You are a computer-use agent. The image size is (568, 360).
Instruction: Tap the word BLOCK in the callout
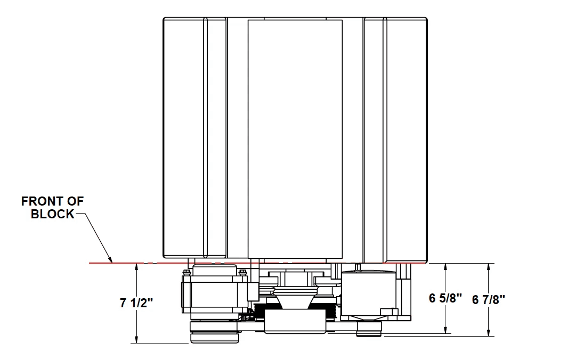[53, 214]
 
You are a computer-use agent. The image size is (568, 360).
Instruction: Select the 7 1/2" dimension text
[136, 303]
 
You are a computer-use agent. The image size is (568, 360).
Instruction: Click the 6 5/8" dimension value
[445, 298]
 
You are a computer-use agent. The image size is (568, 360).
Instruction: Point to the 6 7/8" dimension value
[489, 299]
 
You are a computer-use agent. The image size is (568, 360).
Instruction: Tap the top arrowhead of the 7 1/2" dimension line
[136, 267]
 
